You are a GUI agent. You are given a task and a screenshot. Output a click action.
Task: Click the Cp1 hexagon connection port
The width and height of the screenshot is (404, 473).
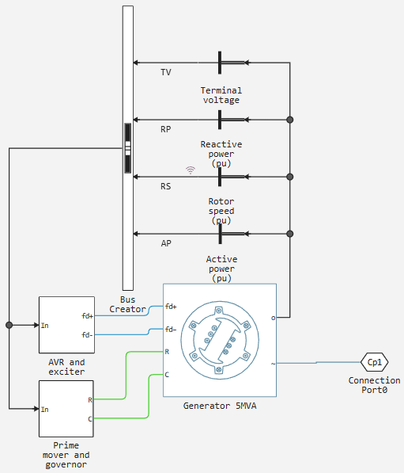tap(374, 362)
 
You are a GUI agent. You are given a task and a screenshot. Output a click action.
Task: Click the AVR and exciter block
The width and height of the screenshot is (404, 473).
tap(66, 325)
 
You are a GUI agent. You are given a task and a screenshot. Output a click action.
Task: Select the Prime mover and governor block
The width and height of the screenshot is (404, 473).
tap(66, 409)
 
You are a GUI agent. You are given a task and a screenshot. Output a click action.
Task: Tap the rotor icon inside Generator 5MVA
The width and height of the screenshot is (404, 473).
tap(220, 340)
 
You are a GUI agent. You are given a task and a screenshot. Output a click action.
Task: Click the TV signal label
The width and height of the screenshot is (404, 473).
tap(166, 72)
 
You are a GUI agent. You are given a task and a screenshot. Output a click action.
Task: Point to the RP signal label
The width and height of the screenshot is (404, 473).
tap(165, 129)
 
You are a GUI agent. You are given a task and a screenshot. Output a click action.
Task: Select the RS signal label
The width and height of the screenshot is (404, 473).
tap(165, 186)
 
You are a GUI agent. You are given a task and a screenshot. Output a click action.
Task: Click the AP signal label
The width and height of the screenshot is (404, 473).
tap(166, 243)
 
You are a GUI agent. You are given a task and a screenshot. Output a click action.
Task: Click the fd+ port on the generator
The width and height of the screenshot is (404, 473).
tap(171, 307)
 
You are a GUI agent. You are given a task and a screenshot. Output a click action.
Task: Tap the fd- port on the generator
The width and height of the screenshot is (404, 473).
tap(171, 329)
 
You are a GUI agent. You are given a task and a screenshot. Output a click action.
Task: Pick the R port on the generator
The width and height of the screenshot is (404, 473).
tap(167, 352)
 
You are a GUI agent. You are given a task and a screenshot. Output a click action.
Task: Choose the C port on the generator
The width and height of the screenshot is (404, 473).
tap(167, 375)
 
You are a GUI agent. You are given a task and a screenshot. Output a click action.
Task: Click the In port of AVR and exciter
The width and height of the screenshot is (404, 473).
tap(44, 325)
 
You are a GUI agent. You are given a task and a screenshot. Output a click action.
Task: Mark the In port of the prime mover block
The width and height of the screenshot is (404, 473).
tap(44, 409)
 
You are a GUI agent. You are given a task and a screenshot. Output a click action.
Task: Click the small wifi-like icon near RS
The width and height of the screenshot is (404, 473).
tap(191, 170)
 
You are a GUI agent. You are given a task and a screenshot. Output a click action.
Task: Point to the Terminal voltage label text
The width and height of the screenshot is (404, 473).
tap(221, 95)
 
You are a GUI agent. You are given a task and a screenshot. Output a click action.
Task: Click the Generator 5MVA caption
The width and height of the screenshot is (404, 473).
tap(220, 406)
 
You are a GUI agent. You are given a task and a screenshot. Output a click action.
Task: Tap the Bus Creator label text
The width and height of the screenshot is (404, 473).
tap(127, 304)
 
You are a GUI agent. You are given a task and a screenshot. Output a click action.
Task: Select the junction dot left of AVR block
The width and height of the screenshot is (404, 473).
tap(9, 325)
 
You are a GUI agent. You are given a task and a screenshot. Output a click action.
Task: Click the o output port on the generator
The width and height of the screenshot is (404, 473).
tap(273, 318)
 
